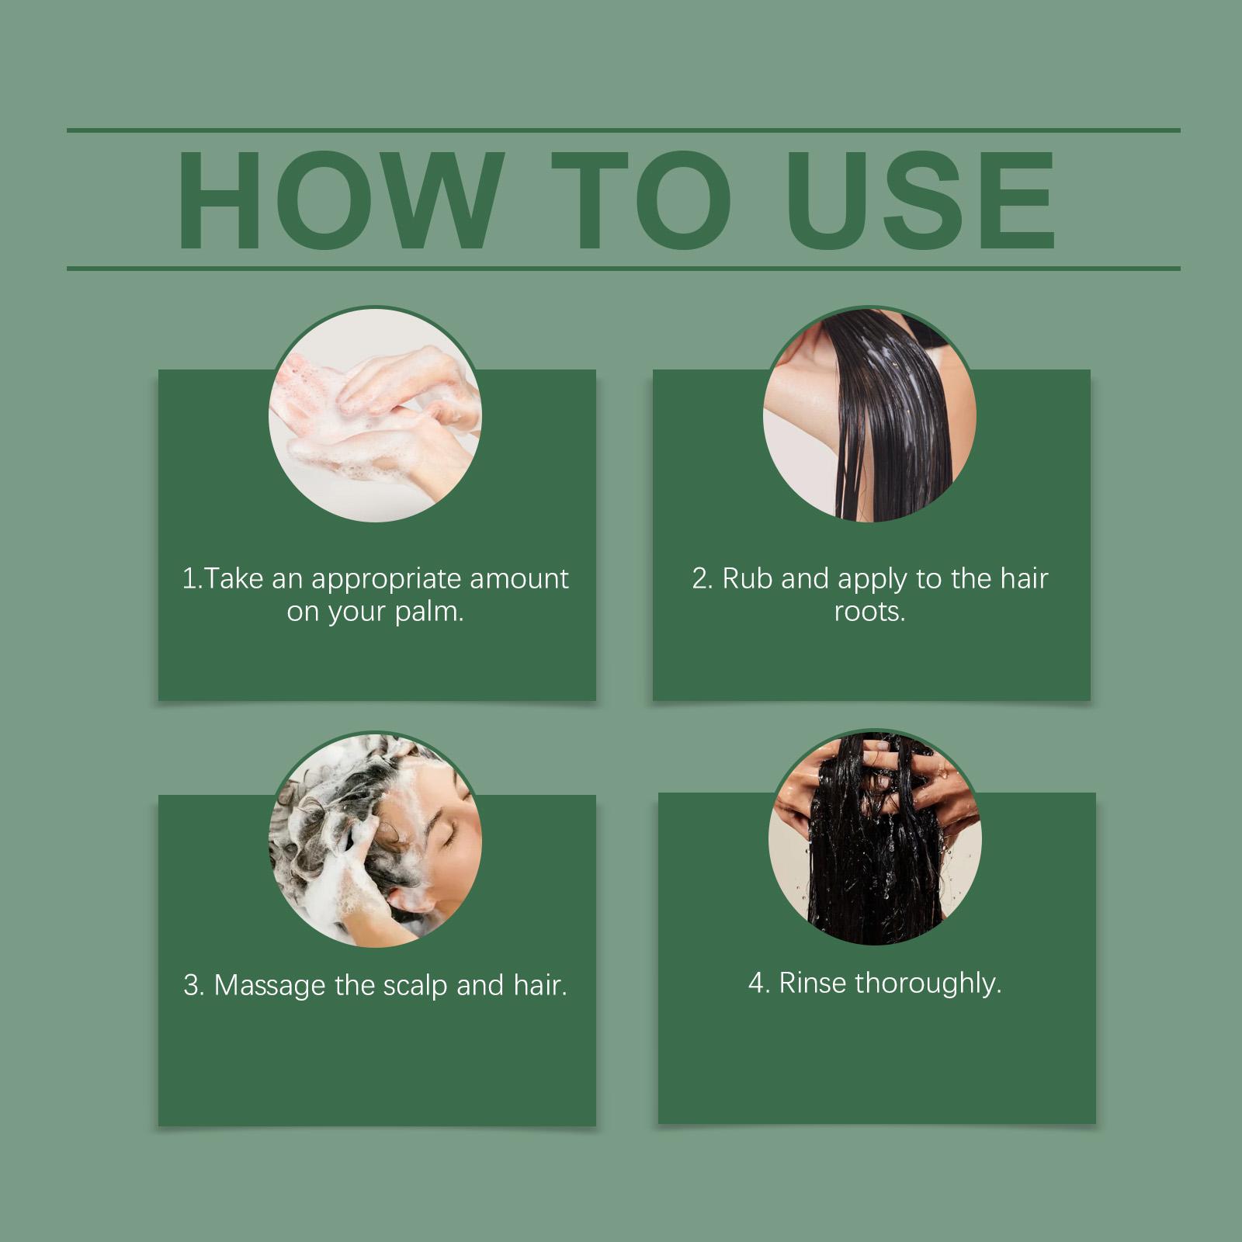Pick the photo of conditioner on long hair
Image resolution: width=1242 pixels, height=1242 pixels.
(x=870, y=415)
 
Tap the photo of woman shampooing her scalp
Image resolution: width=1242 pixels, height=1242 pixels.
(x=376, y=841)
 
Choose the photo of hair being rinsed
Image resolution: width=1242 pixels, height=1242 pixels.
(x=876, y=838)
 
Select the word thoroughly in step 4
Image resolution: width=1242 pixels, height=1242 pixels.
(x=928, y=985)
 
